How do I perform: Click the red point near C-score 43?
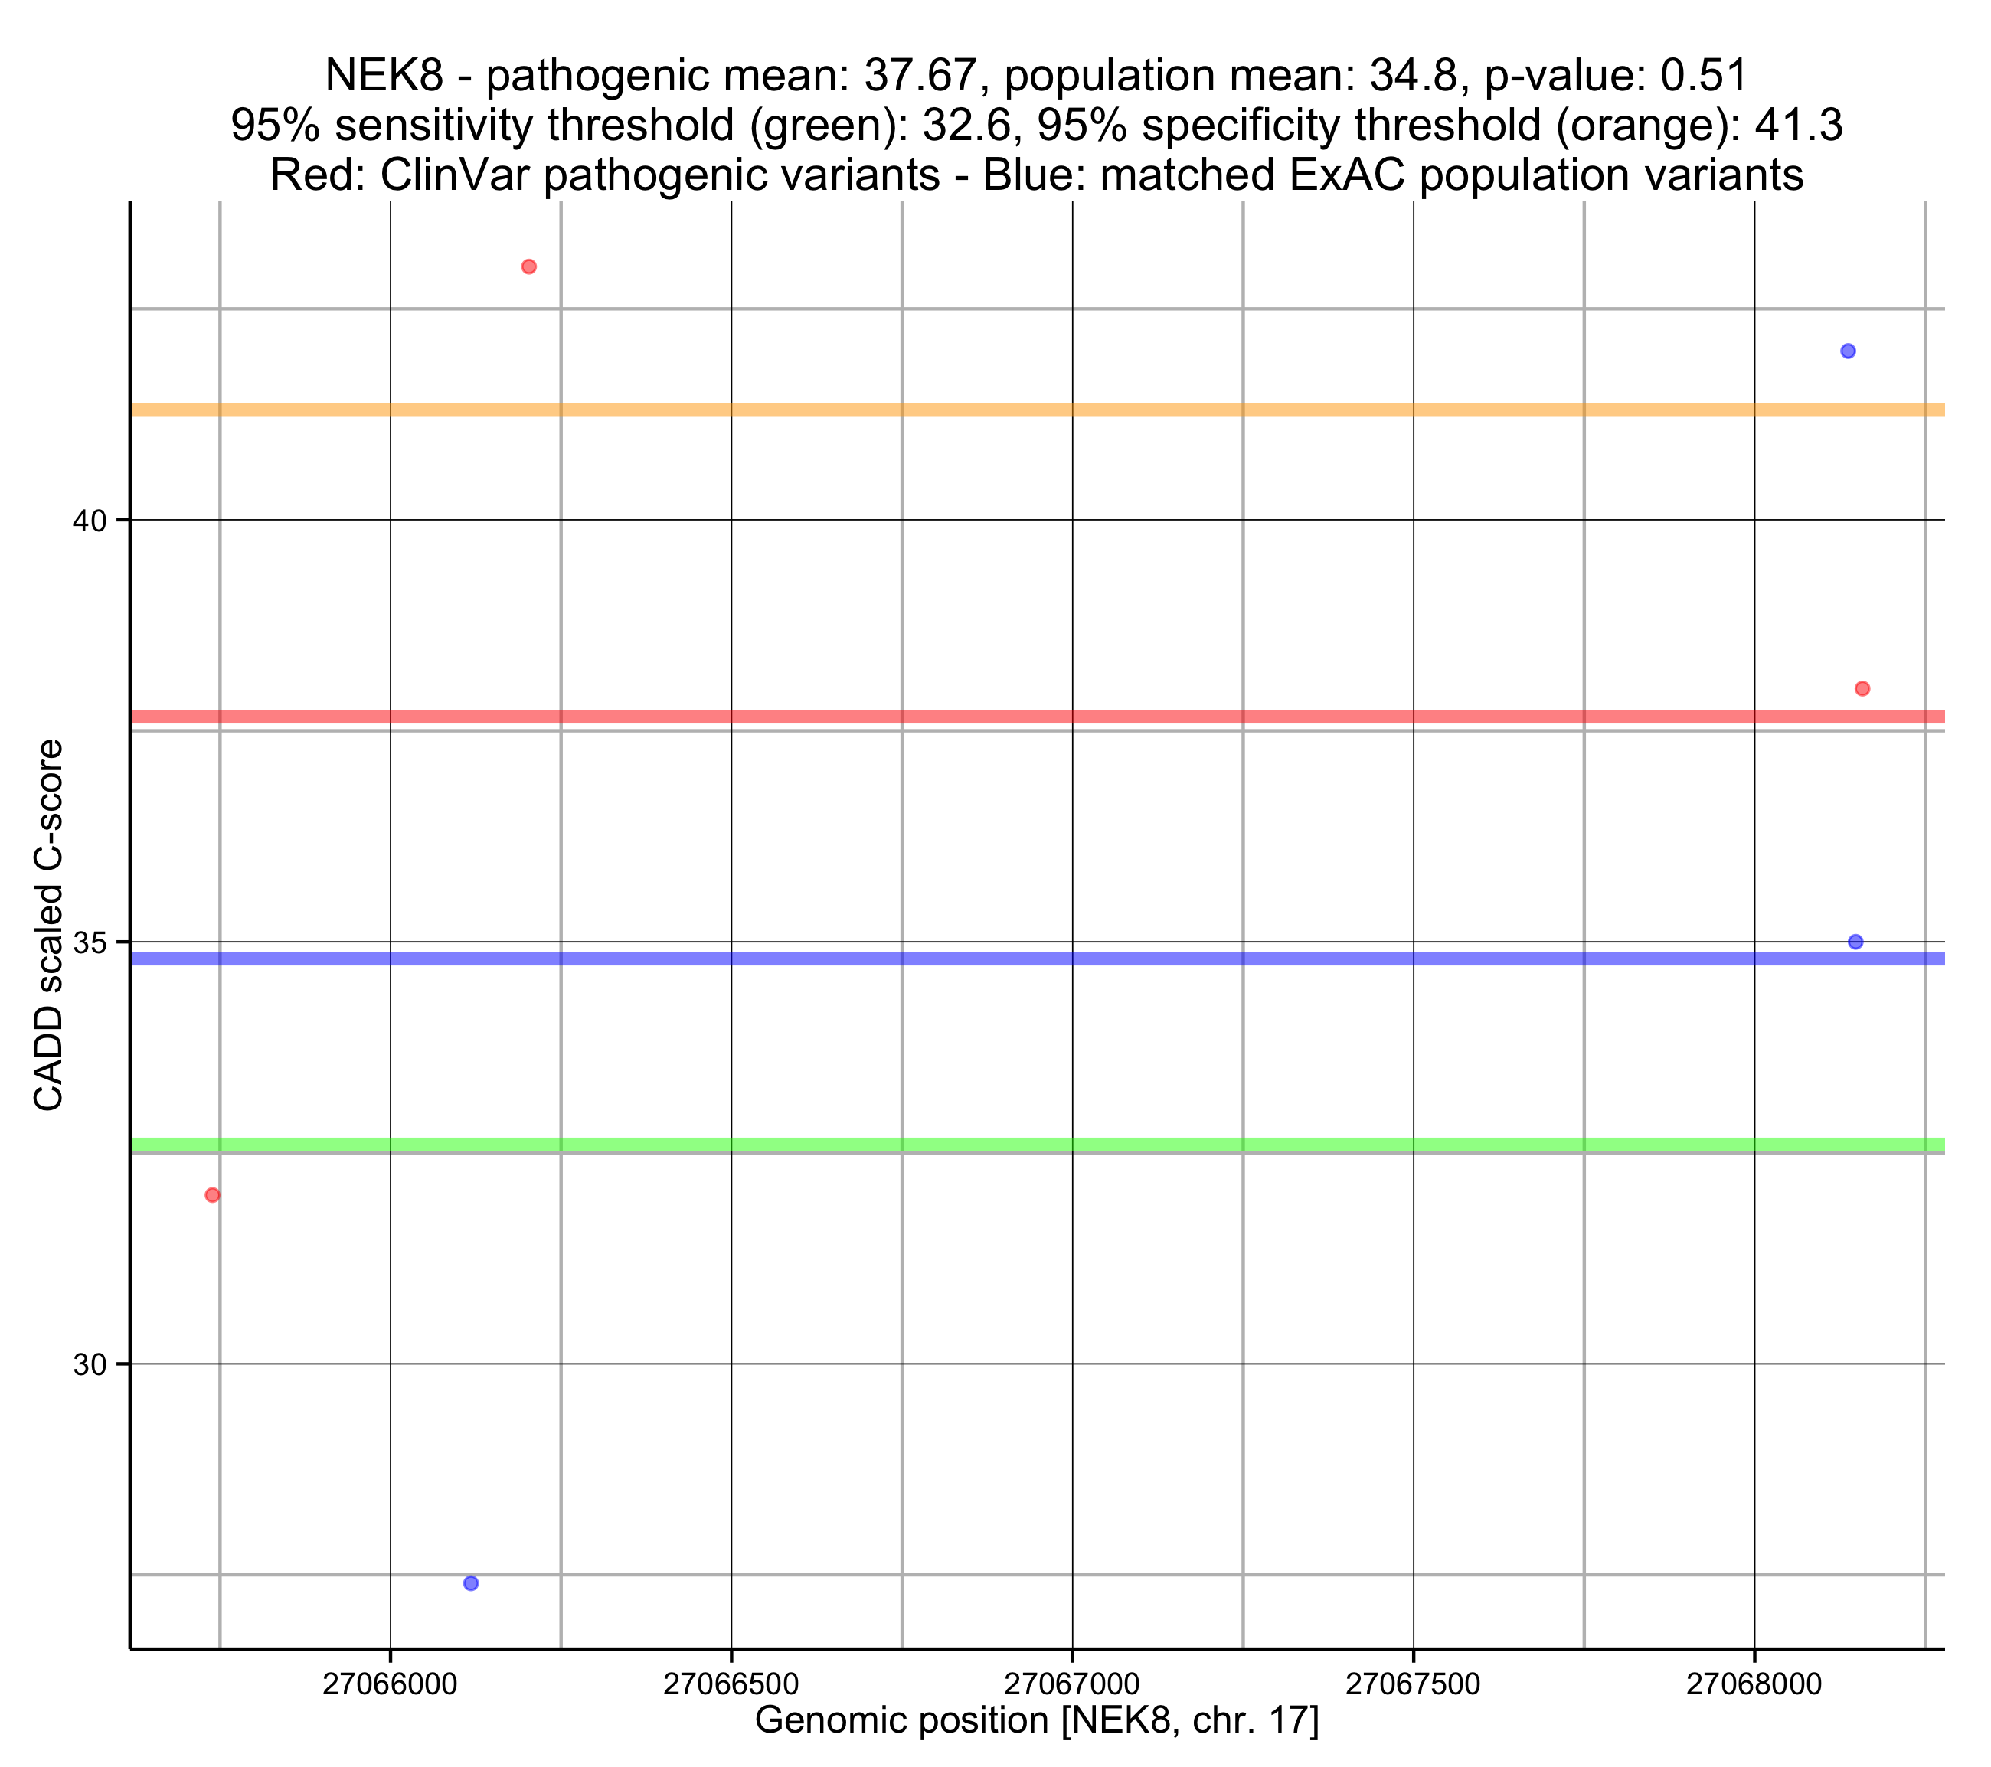pos(529,267)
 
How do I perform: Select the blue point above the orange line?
pos(1848,351)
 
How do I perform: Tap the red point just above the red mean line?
pos(1862,689)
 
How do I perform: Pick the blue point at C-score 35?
pos(1855,942)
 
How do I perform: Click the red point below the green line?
pos(212,1195)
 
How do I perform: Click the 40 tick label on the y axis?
pos(89,521)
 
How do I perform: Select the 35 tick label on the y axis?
pos(89,943)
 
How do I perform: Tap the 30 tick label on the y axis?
pos(89,1365)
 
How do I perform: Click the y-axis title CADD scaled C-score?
pos(49,926)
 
